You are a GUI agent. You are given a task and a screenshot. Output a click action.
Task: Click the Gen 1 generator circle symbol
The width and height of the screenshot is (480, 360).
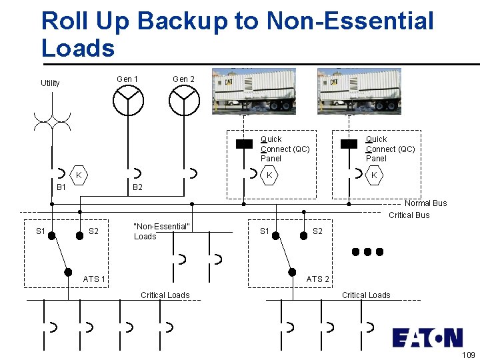click(x=127, y=101)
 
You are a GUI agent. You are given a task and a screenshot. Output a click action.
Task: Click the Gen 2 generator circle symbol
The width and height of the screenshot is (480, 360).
click(x=184, y=101)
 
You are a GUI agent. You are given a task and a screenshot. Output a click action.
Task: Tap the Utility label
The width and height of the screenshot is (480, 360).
click(x=50, y=83)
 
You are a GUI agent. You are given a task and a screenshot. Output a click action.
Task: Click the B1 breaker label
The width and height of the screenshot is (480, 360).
click(x=61, y=188)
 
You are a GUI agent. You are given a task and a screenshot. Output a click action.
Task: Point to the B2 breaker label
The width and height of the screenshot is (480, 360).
click(x=137, y=188)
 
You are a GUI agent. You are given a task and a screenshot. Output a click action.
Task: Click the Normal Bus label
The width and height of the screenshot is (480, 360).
click(x=425, y=203)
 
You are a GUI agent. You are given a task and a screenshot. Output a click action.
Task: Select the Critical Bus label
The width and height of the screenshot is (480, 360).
click(x=409, y=215)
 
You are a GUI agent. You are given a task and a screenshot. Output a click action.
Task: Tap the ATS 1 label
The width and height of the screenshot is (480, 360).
click(x=94, y=279)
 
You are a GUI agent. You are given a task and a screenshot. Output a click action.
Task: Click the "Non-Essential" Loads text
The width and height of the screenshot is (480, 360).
click(x=162, y=231)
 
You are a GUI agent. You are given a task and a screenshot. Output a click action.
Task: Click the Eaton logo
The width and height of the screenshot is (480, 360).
click(x=427, y=337)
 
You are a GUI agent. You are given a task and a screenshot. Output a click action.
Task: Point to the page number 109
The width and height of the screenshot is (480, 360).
click(x=468, y=354)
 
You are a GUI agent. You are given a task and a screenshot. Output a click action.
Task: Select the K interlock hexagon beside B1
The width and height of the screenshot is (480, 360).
click(x=79, y=175)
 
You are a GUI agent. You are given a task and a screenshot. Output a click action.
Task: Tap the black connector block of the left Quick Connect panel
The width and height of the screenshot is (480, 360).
click(x=244, y=143)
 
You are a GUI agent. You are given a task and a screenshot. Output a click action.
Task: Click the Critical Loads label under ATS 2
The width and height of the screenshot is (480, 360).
click(x=366, y=295)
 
